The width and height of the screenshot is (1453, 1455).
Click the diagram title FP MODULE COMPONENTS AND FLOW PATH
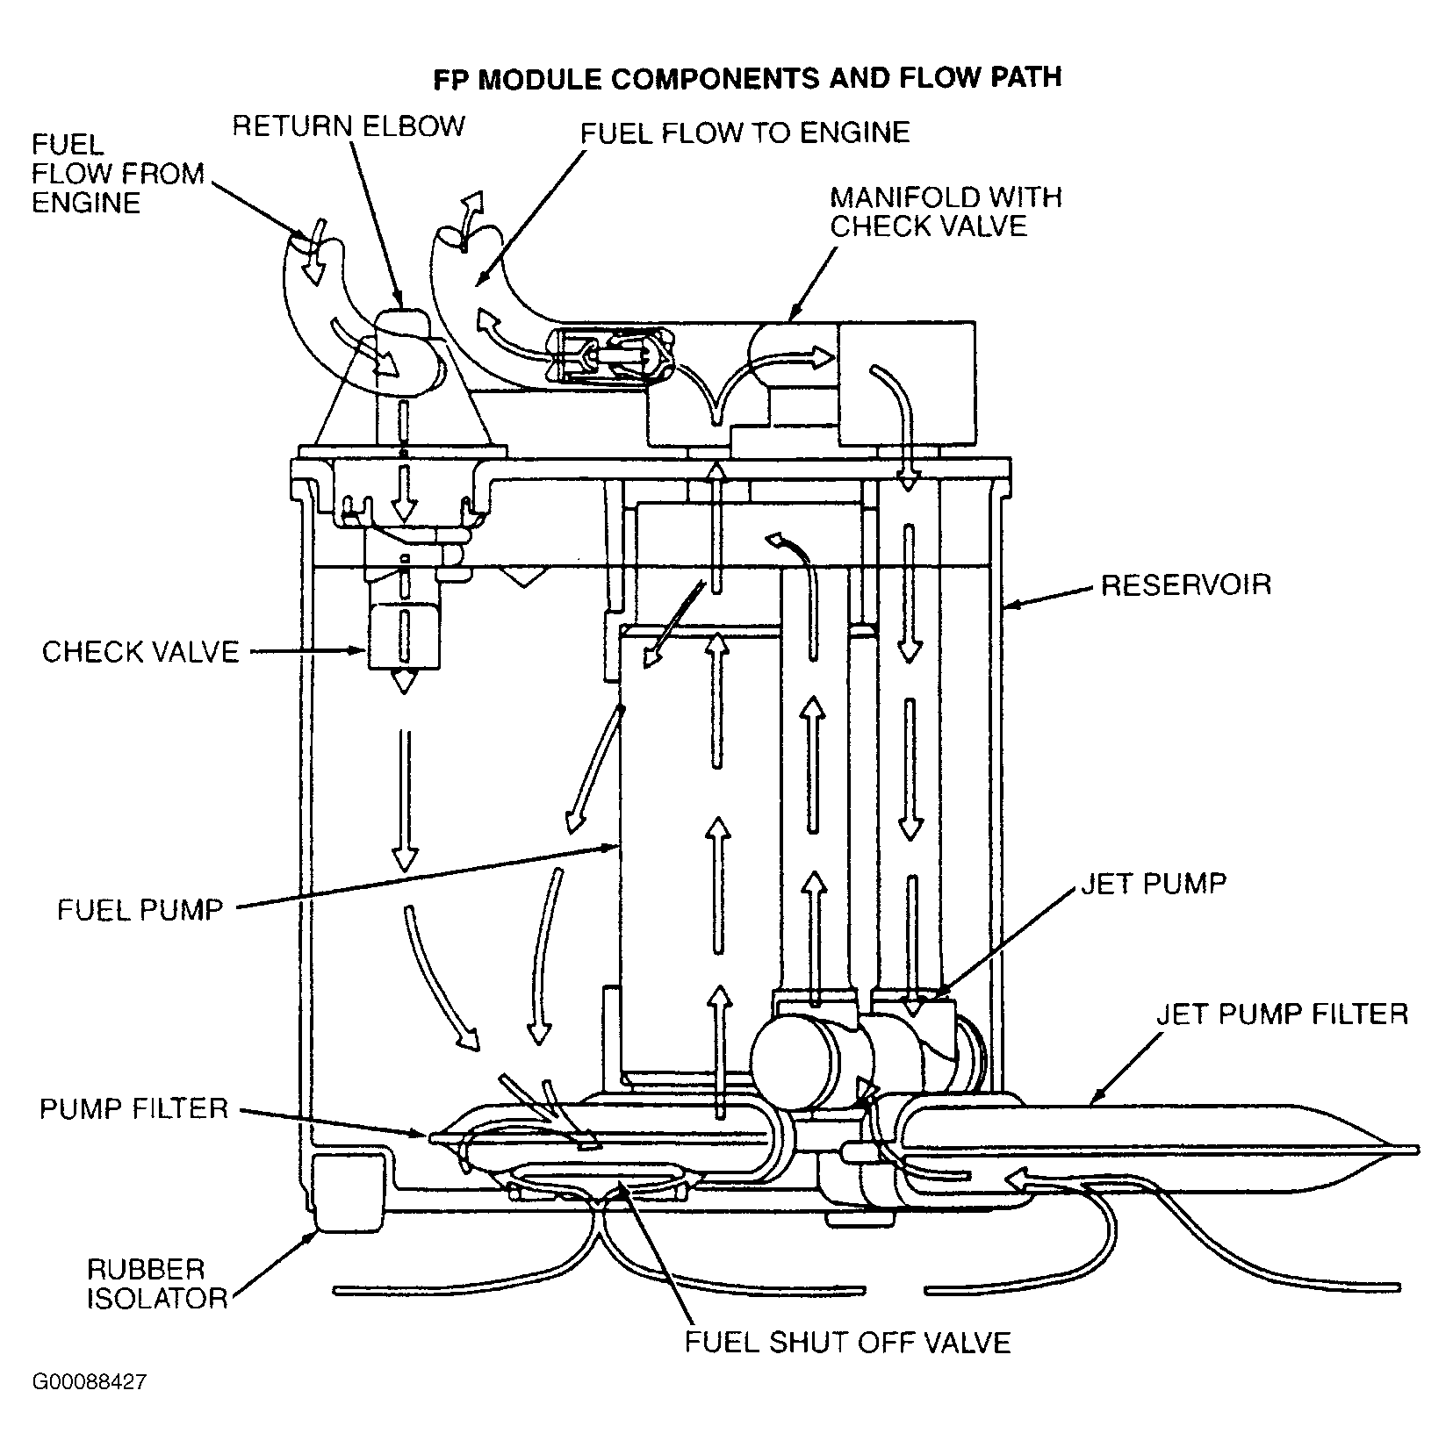(747, 78)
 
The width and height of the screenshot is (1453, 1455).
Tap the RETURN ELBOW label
(349, 125)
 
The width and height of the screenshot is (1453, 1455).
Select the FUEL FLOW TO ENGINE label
(745, 132)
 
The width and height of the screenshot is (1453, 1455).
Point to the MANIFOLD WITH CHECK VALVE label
(946, 211)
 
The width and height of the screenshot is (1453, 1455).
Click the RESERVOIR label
(1186, 584)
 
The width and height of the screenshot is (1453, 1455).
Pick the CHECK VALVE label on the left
(140, 652)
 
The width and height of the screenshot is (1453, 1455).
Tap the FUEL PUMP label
(140, 908)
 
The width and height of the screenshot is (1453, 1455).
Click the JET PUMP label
(1154, 883)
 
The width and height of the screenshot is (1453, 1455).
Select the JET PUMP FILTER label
(1282, 1014)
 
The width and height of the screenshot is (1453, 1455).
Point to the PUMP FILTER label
(133, 1108)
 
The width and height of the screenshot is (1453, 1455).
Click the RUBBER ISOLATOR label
(157, 1283)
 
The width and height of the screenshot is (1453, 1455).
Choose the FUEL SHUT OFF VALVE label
(848, 1342)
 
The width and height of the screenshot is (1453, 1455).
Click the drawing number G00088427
(90, 1408)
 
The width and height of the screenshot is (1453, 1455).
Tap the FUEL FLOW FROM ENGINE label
(118, 174)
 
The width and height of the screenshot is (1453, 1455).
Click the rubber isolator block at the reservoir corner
(349, 1193)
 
